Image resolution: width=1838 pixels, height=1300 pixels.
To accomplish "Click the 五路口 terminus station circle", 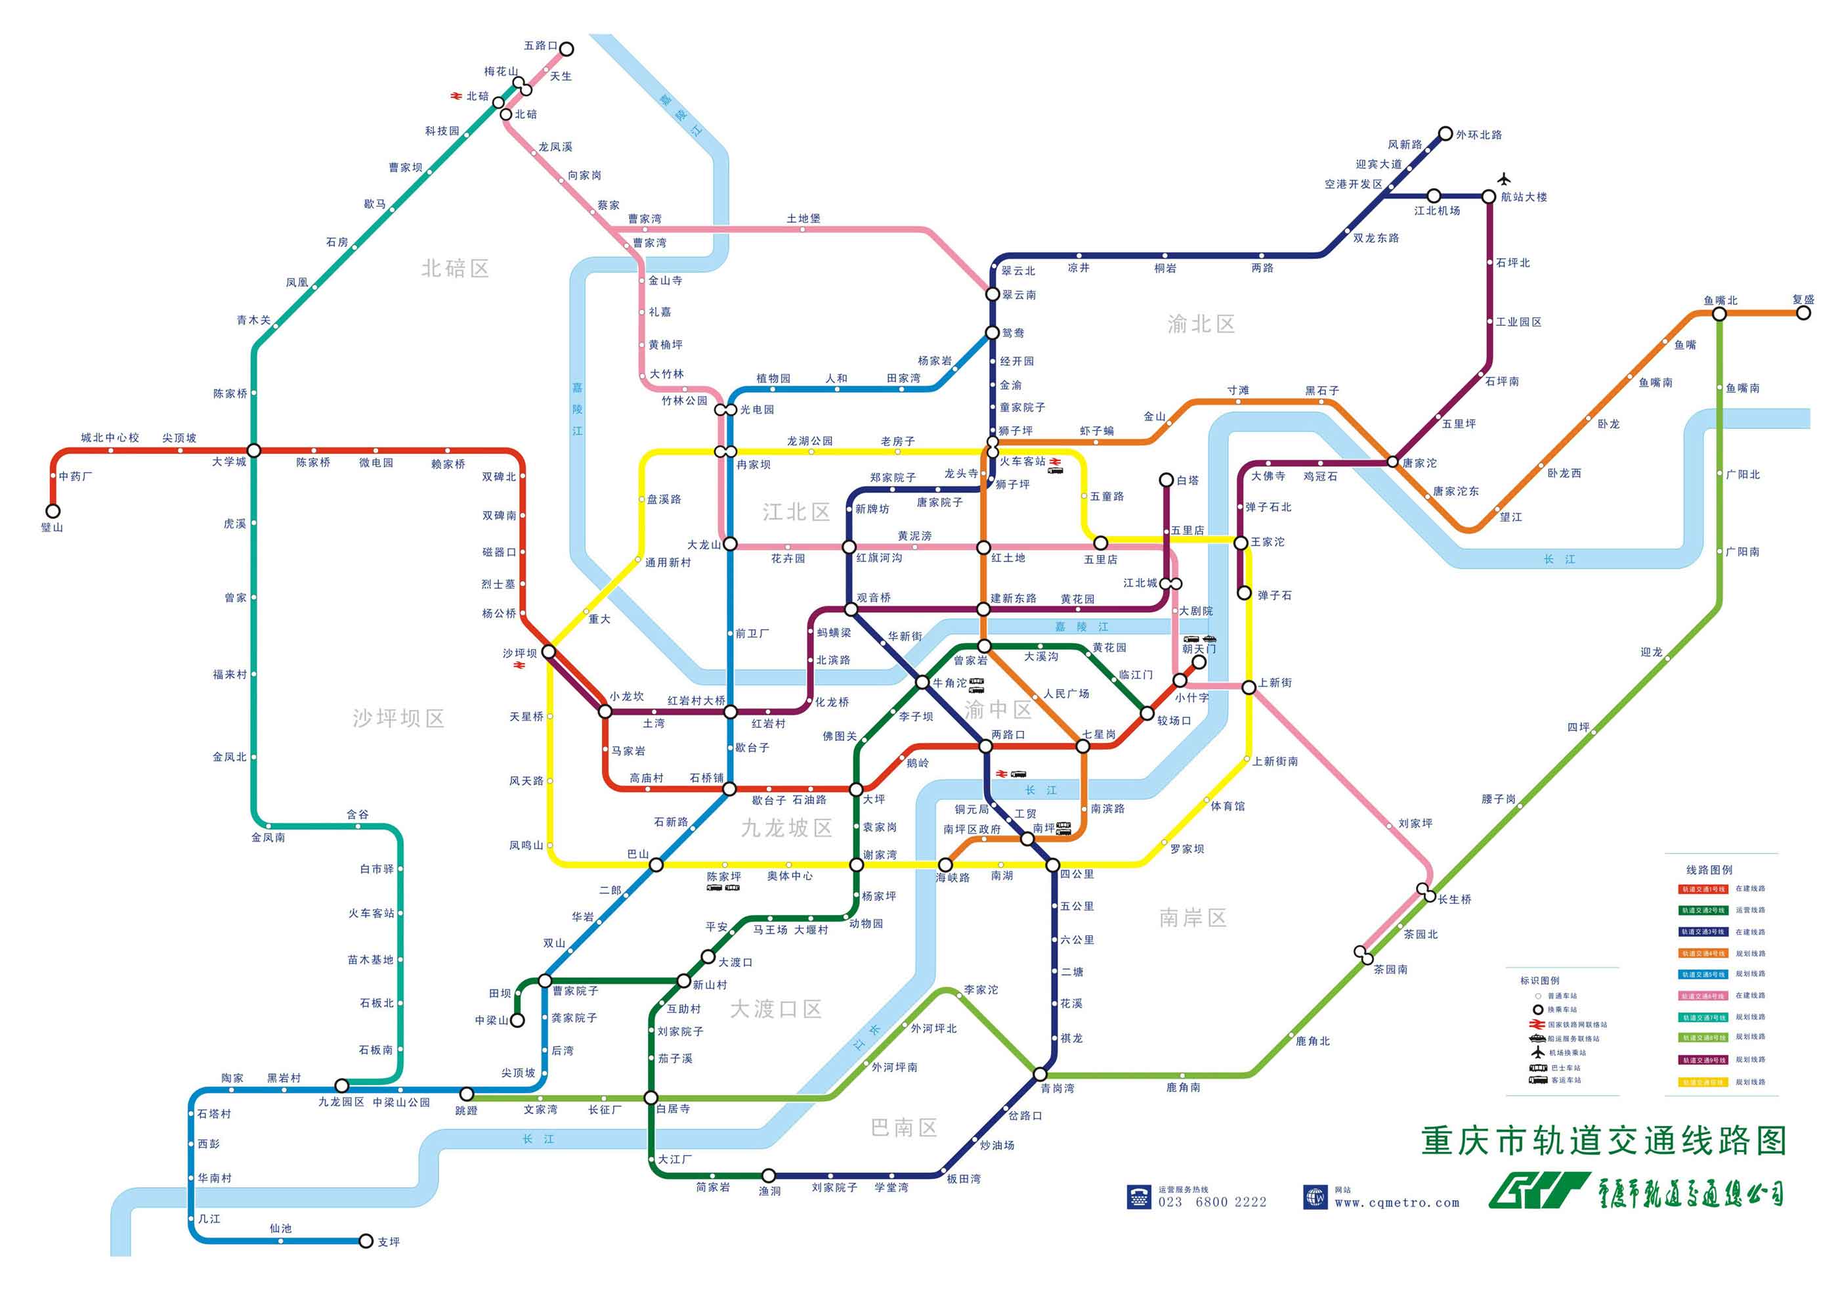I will coord(566,49).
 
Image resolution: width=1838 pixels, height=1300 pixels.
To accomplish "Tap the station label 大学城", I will coord(229,462).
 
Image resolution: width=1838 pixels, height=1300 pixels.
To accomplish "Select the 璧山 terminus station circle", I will coord(53,511).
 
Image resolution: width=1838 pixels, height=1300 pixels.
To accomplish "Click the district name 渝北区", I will coord(1201,325).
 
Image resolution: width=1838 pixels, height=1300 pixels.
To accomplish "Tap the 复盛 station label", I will coord(1803,300).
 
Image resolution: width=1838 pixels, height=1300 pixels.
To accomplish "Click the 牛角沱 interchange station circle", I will coord(922,683).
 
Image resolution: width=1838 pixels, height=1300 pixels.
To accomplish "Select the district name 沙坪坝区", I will coord(398,719).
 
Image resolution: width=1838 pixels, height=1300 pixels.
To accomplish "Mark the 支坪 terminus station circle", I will coord(366,1241).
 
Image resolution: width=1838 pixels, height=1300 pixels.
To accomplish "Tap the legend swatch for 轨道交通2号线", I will coord(1703,910).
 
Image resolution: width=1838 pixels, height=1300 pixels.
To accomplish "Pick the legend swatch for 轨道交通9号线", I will coord(1703,1060).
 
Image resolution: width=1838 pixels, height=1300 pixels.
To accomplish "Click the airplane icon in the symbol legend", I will coord(1537,1052).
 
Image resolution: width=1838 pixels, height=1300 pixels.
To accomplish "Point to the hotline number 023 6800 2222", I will coord(1212,1202).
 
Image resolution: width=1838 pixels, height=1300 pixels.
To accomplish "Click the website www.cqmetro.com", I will coord(1397,1203).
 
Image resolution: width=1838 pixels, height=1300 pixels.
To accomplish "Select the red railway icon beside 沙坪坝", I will coord(519,665).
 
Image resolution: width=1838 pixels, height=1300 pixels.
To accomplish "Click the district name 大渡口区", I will coord(776,1009).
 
